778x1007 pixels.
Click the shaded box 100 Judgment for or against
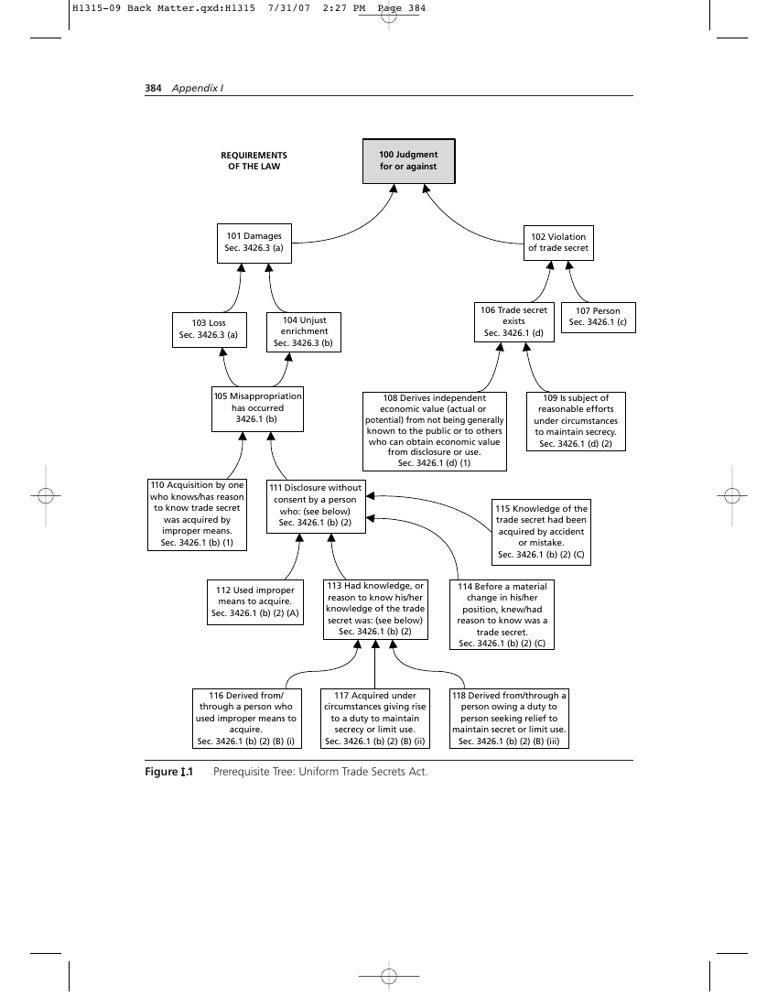click(x=409, y=161)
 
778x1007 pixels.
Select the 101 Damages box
click(x=254, y=243)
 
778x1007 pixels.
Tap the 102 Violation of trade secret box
click(x=558, y=242)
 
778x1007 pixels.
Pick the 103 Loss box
click(x=210, y=330)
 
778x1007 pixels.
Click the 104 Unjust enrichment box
click(x=304, y=332)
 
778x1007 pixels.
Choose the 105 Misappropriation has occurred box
click(x=257, y=408)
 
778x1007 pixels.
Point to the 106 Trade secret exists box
click(x=514, y=321)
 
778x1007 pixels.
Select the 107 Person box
click(x=599, y=318)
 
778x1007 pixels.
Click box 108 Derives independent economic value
click(x=435, y=431)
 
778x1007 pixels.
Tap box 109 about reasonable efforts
click(x=576, y=421)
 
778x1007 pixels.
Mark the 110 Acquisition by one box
click(x=197, y=514)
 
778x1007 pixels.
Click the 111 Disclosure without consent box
click(x=317, y=506)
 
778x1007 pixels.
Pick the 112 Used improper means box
click(x=255, y=602)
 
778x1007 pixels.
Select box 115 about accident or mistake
click(x=541, y=532)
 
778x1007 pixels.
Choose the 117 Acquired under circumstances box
click(x=375, y=719)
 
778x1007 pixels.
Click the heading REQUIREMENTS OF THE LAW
click(x=254, y=160)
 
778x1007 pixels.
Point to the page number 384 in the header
click(x=153, y=88)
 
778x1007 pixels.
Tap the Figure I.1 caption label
click(x=168, y=772)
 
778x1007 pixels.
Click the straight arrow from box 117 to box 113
click(x=375, y=664)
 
